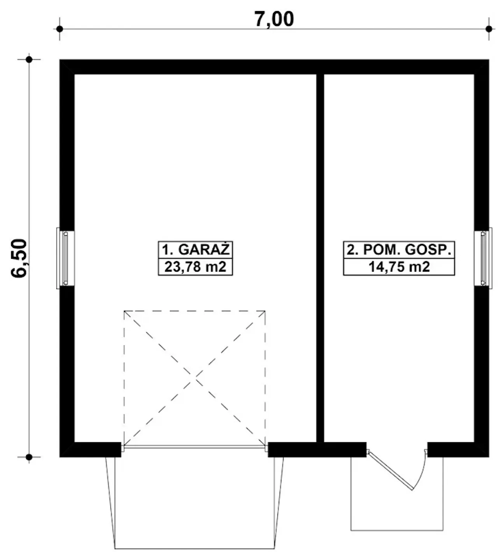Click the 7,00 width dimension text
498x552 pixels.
tap(274, 19)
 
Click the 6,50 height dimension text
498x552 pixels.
tap(19, 258)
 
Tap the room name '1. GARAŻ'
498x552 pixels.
tap(195, 250)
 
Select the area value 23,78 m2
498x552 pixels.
tap(195, 267)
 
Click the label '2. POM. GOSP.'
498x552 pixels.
tap(398, 250)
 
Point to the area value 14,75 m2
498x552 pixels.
tap(399, 267)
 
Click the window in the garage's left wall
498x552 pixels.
tap(65, 258)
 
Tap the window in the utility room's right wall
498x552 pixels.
tap(483, 258)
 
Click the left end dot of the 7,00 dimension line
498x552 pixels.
tap(60, 29)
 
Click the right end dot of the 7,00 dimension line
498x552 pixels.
tap(489, 29)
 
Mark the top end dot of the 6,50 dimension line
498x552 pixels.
tap(29, 59)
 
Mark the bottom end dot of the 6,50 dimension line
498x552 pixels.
tap(29, 457)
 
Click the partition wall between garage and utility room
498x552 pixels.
tap(320, 258)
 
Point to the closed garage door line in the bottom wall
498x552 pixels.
tap(195, 447)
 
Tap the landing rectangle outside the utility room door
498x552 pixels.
tap(397, 530)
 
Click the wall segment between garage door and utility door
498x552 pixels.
tap(317, 449)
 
